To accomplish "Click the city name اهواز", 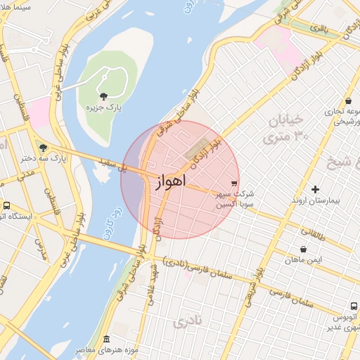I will coord(169,182).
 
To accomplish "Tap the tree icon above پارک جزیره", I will coord(105,96).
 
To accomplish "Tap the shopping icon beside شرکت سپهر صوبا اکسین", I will coord(234,183).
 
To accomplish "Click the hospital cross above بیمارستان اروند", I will coord(315,189).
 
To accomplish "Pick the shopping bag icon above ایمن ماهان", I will coord(303,249).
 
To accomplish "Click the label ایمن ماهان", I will coord(303,260).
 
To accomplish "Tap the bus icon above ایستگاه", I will coord(6,205).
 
